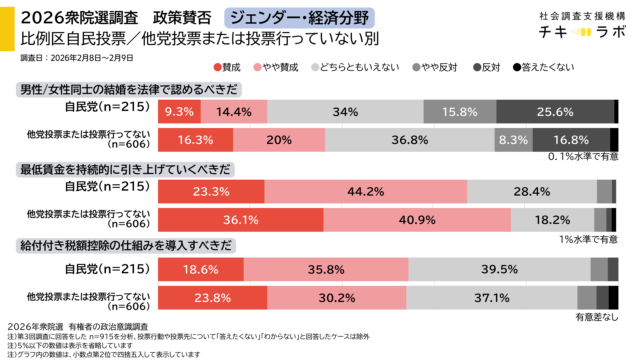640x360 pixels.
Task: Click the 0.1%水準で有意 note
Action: coord(582,157)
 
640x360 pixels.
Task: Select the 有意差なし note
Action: coord(596,315)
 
